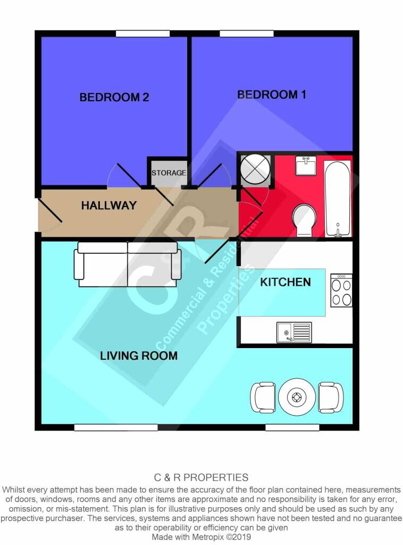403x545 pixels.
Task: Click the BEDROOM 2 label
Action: click(x=114, y=97)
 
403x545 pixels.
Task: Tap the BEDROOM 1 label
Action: click(x=272, y=95)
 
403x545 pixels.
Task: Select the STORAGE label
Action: click(x=169, y=173)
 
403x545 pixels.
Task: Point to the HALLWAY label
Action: click(x=108, y=205)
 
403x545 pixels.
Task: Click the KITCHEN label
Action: click(x=286, y=282)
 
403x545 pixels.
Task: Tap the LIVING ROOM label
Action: click(x=139, y=356)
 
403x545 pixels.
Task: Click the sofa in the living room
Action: click(x=128, y=264)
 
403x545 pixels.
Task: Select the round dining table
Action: click(x=297, y=397)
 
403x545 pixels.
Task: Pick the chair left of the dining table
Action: click(x=263, y=397)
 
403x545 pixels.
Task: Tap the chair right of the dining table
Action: click(x=331, y=397)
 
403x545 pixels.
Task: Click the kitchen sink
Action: click(x=294, y=332)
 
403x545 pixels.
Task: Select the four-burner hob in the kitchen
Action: click(x=341, y=290)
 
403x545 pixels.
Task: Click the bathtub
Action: click(x=338, y=199)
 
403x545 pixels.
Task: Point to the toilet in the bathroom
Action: click(x=304, y=220)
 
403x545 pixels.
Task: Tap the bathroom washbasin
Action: click(x=306, y=166)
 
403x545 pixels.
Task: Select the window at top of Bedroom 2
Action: click(x=142, y=34)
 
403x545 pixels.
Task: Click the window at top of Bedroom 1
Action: click(x=247, y=34)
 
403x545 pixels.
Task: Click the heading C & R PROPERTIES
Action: click(x=201, y=477)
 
